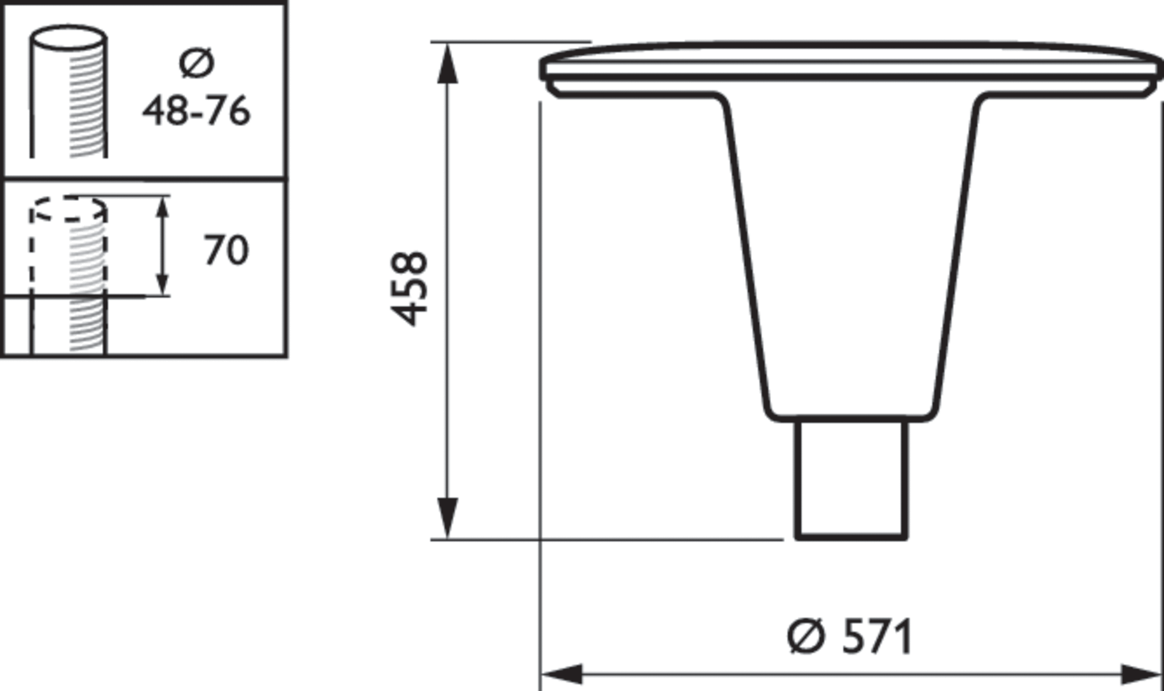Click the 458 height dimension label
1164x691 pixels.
coord(409,289)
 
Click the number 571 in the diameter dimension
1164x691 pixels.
coord(877,637)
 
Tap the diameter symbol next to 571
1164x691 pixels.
coord(806,636)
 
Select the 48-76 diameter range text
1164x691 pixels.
coord(196,111)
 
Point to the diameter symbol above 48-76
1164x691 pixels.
coord(196,63)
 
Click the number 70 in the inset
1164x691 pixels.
coord(226,250)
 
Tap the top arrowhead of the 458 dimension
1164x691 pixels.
coord(447,65)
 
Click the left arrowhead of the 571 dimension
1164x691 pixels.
coord(563,674)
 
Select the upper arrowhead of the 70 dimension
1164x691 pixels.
coord(163,206)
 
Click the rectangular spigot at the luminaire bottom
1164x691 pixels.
coord(851,480)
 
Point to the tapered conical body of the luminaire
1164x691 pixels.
coord(851,252)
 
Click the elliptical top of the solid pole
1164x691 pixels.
coord(68,37)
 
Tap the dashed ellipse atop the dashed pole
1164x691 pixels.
coord(68,208)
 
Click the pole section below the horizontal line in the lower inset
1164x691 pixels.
coord(68,325)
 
